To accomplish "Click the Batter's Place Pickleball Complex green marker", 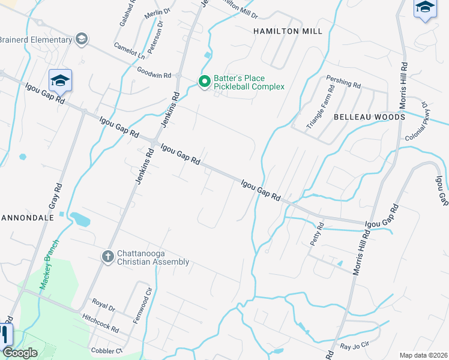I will click(204, 81).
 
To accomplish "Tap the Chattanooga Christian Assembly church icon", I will click(108, 257).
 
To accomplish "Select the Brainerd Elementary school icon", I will click(82, 40).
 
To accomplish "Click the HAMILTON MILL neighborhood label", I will click(288, 31).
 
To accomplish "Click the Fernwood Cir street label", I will click(139, 308).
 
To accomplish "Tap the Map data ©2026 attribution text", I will click(423, 355).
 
